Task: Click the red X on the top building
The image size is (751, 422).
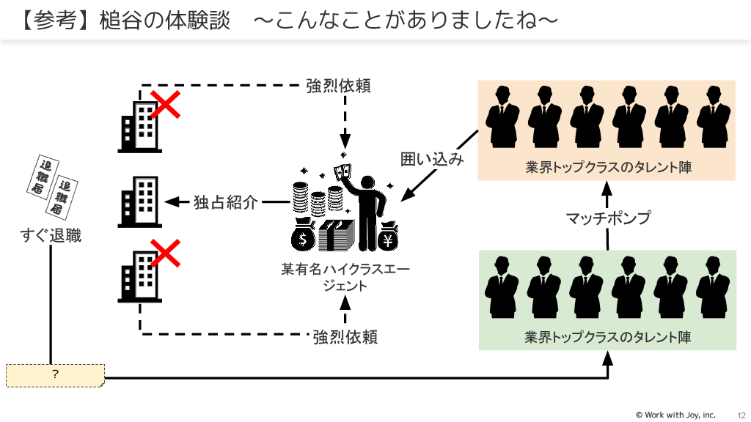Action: click(166, 105)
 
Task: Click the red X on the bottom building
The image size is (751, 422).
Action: click(166, 254)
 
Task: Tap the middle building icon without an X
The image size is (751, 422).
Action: click(139, 201)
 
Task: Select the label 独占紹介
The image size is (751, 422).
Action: click(226, 202)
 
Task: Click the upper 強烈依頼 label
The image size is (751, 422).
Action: click(338, 86)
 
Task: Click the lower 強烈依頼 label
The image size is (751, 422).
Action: click(345, 337)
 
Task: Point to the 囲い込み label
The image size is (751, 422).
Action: click(432, 159)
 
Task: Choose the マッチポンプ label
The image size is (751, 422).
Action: click(609, 218)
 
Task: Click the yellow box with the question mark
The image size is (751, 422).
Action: click(55, 374)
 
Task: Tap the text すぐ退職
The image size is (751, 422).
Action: click(51, 236)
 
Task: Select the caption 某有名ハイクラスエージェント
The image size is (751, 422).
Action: click(345, 277)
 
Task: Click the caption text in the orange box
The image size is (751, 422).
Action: click(609, 167)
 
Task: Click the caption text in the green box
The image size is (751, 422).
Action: click(608, 337)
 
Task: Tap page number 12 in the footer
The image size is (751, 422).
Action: click(741, 415)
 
